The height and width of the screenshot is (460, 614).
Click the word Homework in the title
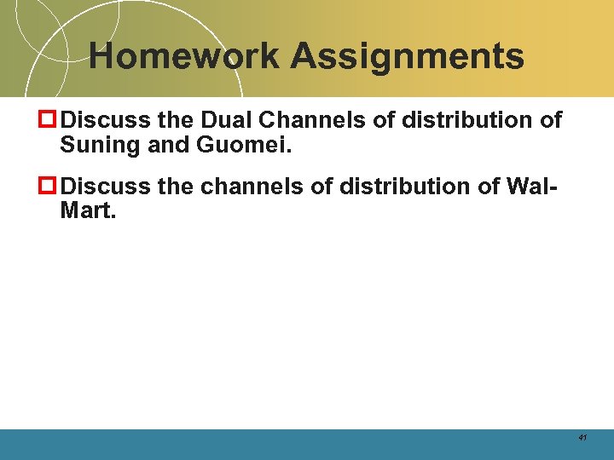pos(183,57)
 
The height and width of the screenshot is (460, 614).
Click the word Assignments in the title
pos(407,57)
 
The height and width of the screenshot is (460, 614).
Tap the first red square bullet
pos(49,120)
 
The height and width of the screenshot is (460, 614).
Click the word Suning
pos(100,145)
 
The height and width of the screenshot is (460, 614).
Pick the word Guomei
pos(244,145)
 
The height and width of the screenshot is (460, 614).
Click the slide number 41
pos(582,437)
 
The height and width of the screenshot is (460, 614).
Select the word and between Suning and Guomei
pos(167,145)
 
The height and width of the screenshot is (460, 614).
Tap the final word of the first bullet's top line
pos(551,120)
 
